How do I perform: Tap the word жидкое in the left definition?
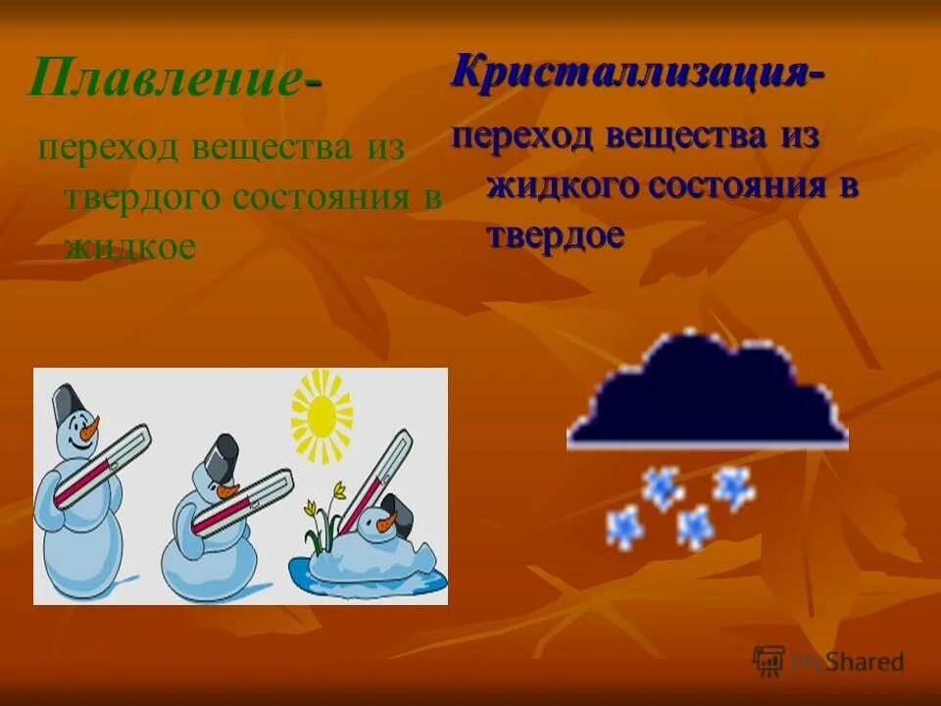pyautogui.click(x=129, y=246)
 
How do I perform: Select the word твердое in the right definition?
pyautogui.click(x=555, y=235)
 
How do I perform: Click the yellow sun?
pyautogui.click(x=322, y=417)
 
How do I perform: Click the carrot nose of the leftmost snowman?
pyautogui.click(x=90, y=429)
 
